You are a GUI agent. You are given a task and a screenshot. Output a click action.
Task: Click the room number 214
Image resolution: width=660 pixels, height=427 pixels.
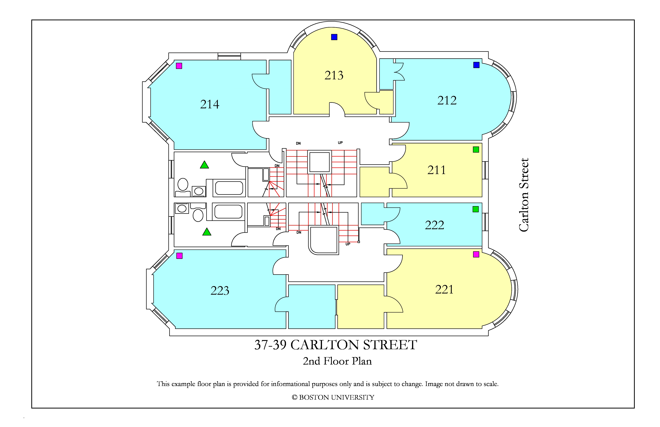click(210, 104)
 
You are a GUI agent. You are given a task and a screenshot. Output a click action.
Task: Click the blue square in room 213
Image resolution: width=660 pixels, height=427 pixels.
click(334, 37)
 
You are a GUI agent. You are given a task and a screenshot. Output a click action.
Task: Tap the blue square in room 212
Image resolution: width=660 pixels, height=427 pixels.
click(476, 65)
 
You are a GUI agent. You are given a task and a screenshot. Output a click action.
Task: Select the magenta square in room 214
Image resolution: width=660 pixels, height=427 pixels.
click(179, 66)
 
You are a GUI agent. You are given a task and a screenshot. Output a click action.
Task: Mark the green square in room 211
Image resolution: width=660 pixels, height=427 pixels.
click(476, 149)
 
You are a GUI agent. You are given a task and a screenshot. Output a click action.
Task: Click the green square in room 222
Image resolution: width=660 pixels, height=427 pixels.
click(476, 209)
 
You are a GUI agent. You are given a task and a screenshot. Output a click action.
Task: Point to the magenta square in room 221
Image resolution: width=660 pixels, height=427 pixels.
click(476, 254)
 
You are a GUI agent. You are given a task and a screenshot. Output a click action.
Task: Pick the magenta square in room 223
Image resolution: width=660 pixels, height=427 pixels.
click(179, 256)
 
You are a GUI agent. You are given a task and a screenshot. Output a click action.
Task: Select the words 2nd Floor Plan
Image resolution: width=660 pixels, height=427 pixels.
click(337, 361)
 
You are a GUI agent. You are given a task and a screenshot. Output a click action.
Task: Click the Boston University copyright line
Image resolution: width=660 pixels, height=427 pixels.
click(333, 397)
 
